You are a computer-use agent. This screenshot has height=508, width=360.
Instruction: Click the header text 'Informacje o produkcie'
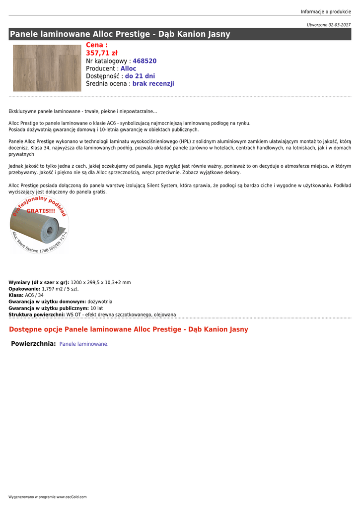[326, 12]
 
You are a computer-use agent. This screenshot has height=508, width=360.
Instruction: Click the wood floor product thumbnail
[47, 68]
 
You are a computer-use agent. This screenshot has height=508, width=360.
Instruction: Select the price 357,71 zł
[102, 53]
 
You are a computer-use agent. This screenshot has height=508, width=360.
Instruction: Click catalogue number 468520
[144, 61]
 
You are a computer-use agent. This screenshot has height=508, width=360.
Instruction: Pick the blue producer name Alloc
[128, 68]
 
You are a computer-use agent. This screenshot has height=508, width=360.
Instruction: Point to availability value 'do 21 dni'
[140, 76]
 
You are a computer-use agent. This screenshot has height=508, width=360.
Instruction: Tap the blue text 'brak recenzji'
[153, 84]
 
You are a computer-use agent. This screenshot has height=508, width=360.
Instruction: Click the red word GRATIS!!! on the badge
[41, 211]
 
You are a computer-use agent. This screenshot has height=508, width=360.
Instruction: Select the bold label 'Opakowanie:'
[24, 289]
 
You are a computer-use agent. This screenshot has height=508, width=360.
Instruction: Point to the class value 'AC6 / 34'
[34, 295]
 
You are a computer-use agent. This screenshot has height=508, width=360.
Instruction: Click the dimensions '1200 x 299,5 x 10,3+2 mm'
[101, 282]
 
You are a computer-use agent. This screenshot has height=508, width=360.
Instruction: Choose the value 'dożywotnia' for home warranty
[100, 302]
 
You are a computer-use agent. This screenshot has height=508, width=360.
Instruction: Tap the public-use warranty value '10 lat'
[97, 308]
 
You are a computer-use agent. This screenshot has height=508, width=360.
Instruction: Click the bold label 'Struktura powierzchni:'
[37, 315]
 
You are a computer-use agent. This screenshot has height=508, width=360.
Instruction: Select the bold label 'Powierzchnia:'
[33, 344]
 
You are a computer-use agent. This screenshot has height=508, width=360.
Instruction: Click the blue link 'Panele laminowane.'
[84, 344]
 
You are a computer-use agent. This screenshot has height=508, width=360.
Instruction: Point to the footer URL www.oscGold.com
[72, 497]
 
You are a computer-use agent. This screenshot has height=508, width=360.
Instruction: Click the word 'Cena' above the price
[95, 45]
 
